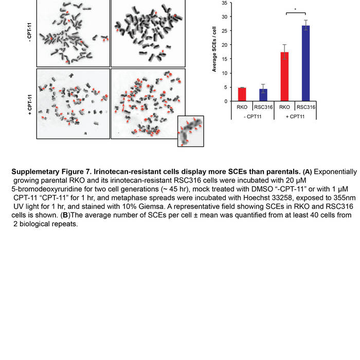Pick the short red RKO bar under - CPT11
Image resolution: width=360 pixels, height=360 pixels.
click(x=242, y=95)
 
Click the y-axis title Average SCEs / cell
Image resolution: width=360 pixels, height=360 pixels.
click(x=214, y=51)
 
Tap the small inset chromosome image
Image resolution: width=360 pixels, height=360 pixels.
click(x=191, y=131)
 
